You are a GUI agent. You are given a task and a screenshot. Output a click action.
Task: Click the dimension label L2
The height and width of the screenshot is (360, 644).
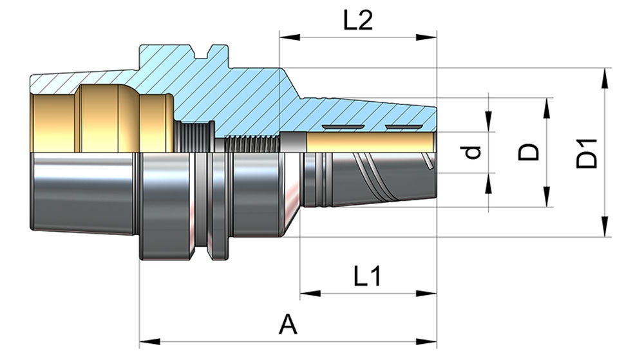[357, 21]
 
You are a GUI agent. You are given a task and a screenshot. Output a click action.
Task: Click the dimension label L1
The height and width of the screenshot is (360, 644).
[368, 277]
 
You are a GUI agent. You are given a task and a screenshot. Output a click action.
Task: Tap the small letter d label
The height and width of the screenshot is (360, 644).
[473, 153]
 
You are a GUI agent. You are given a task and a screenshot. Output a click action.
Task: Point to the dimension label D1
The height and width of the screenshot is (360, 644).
[587, 153]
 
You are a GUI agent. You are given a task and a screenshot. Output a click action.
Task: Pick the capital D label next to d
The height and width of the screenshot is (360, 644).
[529, 153]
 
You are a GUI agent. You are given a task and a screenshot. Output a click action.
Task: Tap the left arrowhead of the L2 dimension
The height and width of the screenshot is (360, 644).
[287, 37]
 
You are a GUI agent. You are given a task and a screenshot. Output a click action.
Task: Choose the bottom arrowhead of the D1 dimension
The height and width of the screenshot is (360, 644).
[605, 228]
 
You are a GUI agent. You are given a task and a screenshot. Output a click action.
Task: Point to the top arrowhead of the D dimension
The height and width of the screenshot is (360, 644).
[547, 106]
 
